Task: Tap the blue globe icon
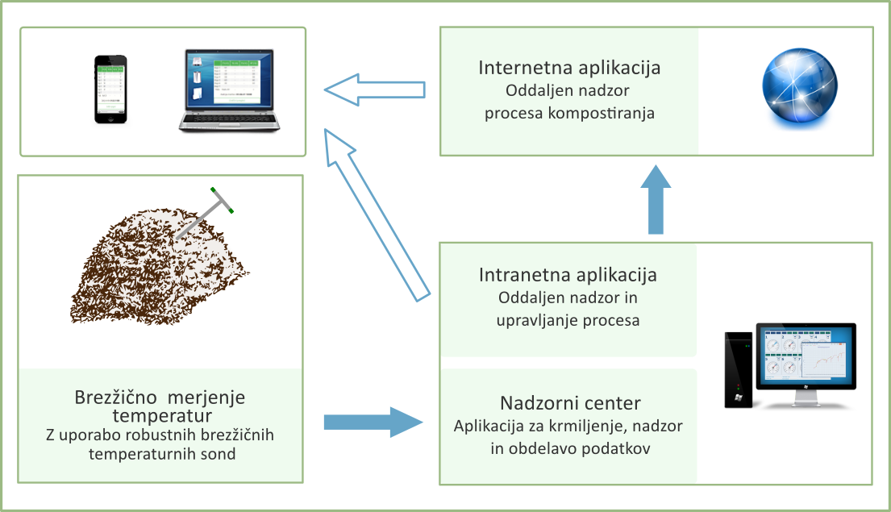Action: click(799, 89)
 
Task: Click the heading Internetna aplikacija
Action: click(569, 67)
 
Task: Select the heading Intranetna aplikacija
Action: click(568, 275)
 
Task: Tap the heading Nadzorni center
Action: click(568, 403)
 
